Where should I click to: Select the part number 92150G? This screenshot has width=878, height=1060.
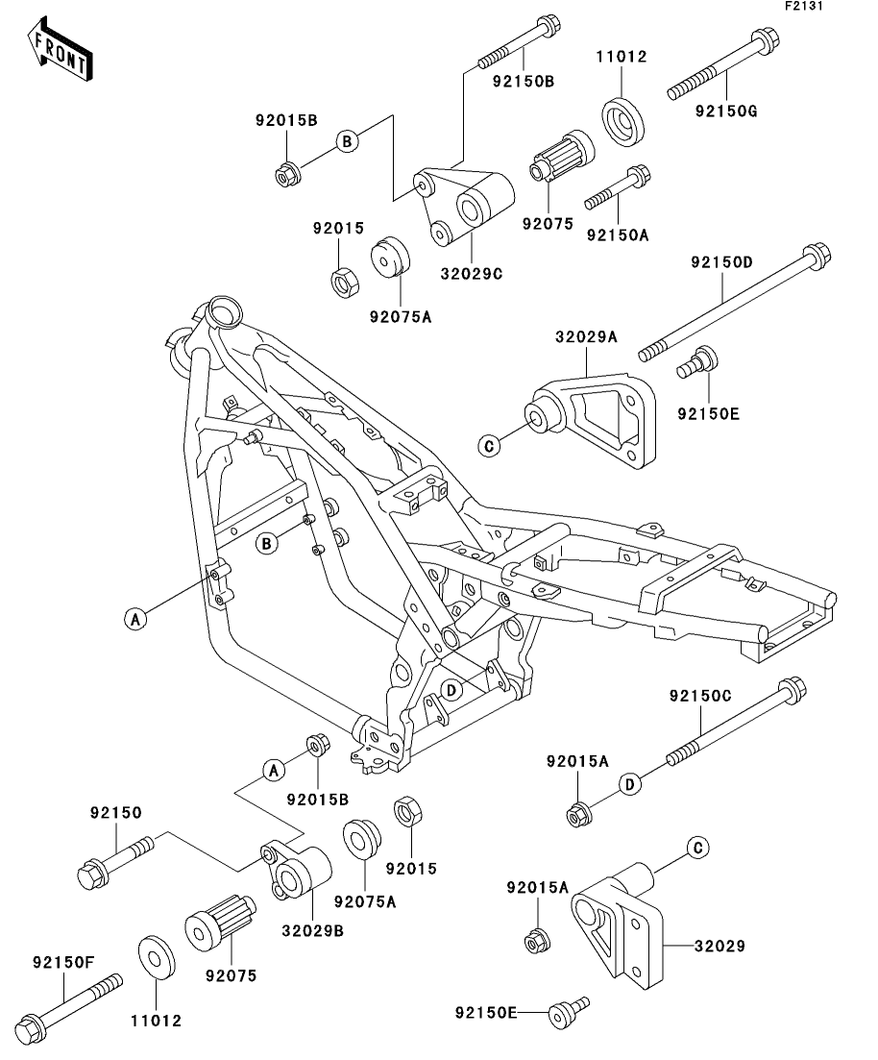tap(726, 111)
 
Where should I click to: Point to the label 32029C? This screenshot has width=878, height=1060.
tap(472, 273)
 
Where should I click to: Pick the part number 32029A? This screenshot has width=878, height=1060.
tap(585, 337)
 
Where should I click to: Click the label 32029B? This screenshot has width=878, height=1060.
tap(312, 930)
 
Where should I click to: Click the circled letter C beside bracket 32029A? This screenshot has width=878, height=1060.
tap(489, 445)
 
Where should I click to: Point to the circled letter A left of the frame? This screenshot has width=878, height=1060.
tap(136, 620)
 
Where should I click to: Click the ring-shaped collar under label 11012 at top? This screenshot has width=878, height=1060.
tap(623, 119)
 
